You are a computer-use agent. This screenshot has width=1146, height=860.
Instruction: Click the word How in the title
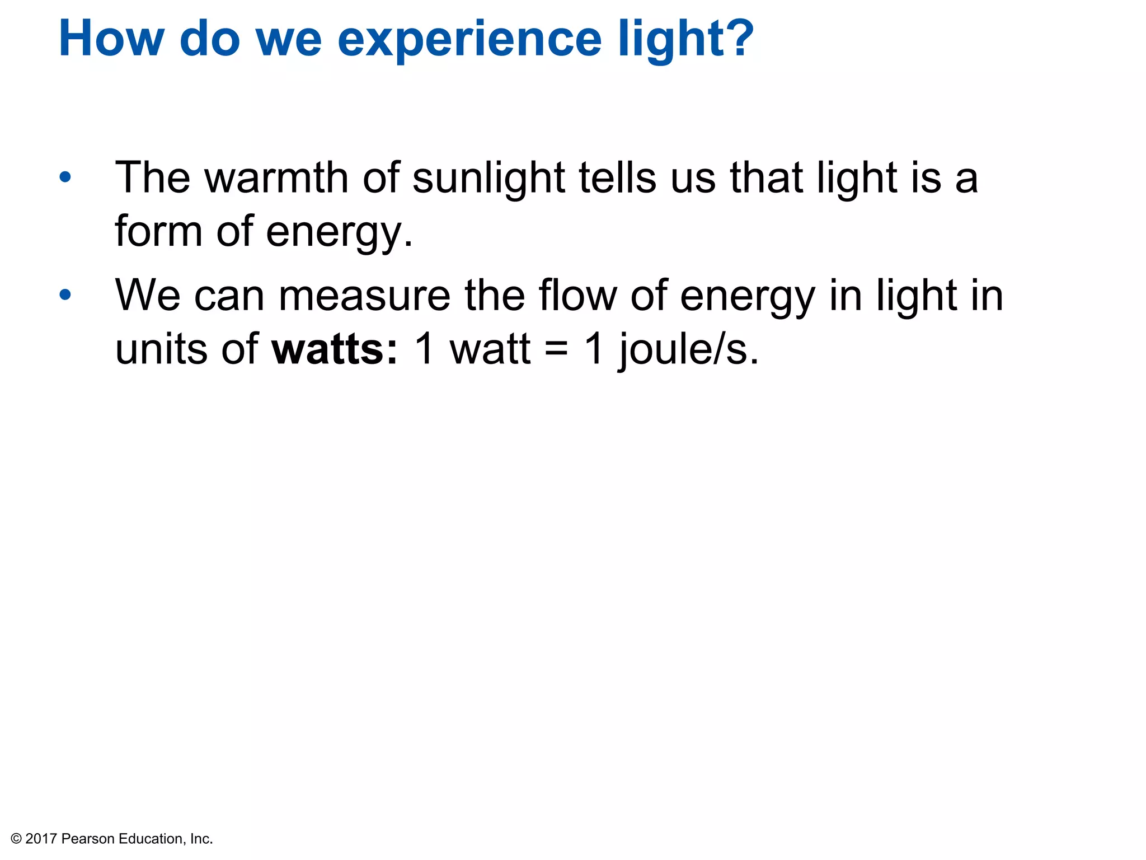111,39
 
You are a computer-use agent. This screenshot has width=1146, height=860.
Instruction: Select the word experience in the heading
469,40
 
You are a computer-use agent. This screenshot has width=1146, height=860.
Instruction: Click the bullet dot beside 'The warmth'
65,177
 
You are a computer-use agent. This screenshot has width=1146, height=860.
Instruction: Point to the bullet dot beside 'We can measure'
65,295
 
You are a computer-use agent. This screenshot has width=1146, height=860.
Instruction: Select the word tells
617,178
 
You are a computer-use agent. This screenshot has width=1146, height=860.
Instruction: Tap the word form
158,231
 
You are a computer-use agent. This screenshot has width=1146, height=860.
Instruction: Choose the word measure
364,296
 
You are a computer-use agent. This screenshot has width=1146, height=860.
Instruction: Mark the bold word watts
328,349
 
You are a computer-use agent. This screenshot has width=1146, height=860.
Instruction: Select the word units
162,349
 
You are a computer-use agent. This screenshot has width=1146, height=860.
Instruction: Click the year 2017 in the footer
41,839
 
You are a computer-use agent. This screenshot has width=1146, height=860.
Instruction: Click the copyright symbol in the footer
16,839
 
